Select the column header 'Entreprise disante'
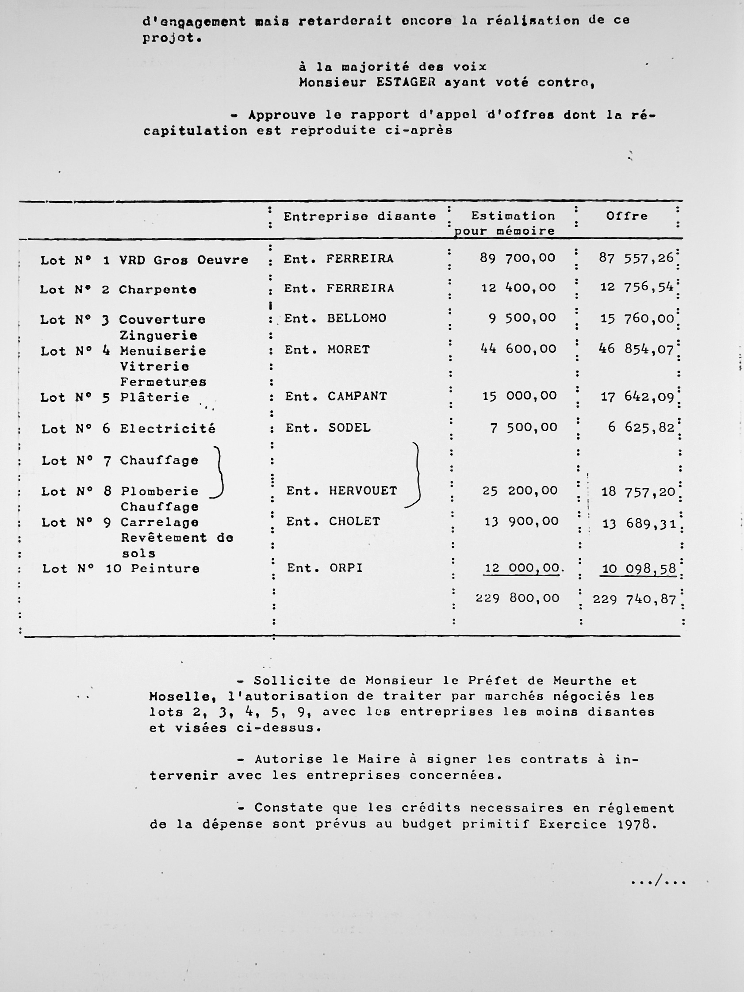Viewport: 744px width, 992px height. pyautogui.click(x=360, y=216)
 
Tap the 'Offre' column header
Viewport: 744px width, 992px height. pyautogui.click(x=626, y=216)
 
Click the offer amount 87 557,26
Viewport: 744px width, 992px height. pyautogui.click(x=636, y=258)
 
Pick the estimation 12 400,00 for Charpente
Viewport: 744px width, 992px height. pyautogui.click(x=518, y=287)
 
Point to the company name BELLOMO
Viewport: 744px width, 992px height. pyautogui.click(x=357, y=318)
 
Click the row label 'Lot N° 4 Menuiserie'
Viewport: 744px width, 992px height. pyautogui.click(x=123, y=351)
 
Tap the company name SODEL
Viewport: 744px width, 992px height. pyautogui.click(x=349, y=428)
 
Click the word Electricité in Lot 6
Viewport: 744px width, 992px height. pyautogui.click(x=168, y=429)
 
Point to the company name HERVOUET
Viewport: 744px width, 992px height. pyautogui.click(x=363, y=491)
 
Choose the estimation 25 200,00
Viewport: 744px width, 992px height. pyautogui.click(x=520, y=490)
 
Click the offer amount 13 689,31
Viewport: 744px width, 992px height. pyautogui.click(x=639, y=524)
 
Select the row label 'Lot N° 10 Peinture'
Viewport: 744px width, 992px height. pyautogui.click(x=121, y=569)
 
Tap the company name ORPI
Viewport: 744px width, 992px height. pyautogui.click(x=346, y=568)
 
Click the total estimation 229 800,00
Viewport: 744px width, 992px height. pyautogui.click(x=518, y=598)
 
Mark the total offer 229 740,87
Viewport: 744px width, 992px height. pyautogui.click(x=634, y=600)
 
